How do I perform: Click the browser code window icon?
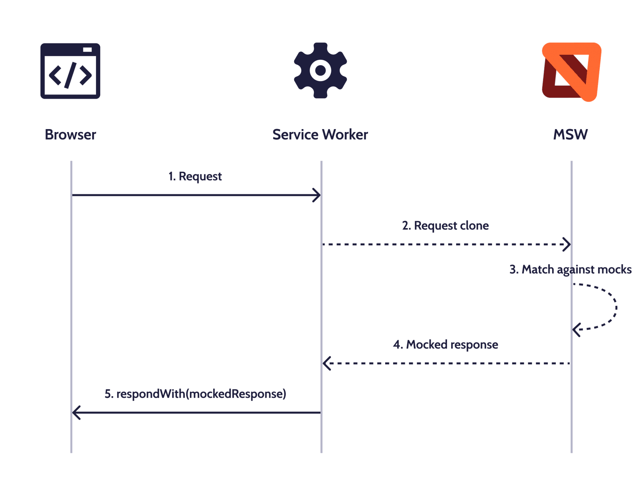point(70,71)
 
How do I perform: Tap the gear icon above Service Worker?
point(320,70)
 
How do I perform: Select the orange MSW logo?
point(571,71)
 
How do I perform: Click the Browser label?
point(71,135)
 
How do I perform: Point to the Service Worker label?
point(320,135)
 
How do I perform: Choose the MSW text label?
point(570,135)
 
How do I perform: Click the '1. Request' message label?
point(195,176)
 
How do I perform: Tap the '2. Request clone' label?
point(445,226)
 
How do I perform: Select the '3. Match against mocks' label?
point(570,270)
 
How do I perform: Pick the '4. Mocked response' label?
point(445,345)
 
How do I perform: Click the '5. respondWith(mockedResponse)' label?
point(195,394)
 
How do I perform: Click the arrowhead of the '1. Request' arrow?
point(317,195)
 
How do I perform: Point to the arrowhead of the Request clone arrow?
point(567,244)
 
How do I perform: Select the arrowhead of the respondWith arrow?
point(76,413)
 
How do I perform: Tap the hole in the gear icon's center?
point(320,71)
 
